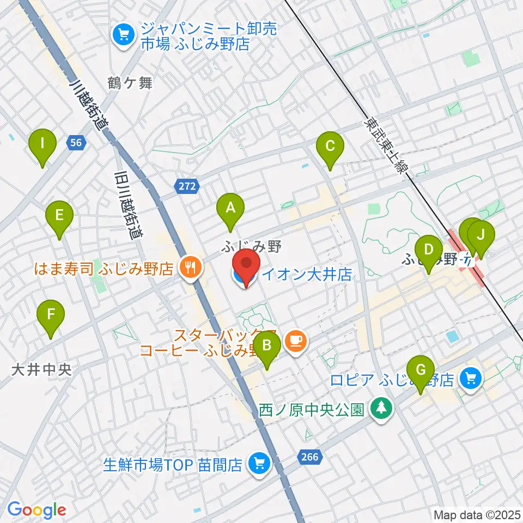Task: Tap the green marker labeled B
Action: pos(267,345)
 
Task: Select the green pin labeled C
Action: pos(330,146)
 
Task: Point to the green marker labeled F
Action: pos(51,314)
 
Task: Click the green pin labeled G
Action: pos(421,370)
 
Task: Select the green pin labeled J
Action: pos(481,235)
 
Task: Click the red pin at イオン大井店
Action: pos(247,264)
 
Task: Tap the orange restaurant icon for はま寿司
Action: pos(190,267)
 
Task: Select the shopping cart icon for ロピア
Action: pos(470,379)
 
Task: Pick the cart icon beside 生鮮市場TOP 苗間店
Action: pos(258,464)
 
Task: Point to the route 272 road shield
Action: pos(186,186)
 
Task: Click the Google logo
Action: pos(37,510)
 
